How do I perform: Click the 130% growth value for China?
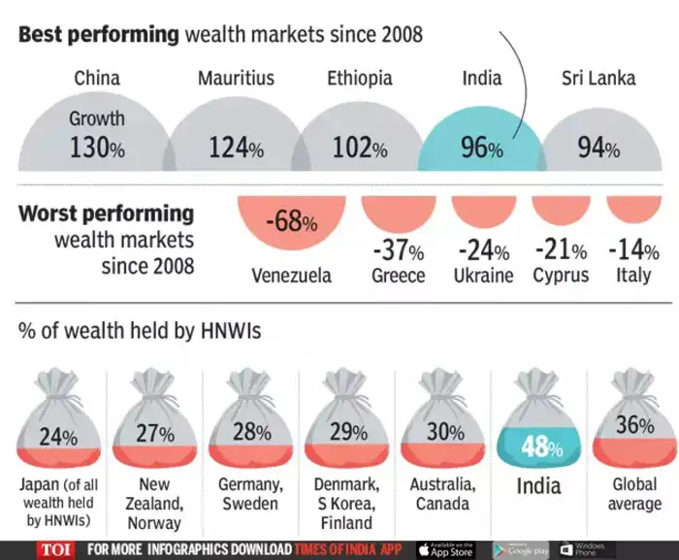click(x=97, y=148)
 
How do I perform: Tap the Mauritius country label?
click(x=236, y=78)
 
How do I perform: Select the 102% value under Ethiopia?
click(x=360, y=148)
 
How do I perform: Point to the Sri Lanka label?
click(x=598, y=78)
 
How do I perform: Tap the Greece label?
click(x=398, y=275)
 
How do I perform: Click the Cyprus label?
click(x=561, y=275)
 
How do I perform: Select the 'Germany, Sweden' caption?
click(x=248, y=494)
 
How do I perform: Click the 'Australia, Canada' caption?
click(x=442, y=494)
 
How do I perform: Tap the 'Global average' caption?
click(x=634, y=494)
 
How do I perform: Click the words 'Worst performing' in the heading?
click(x=107, y=214)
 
